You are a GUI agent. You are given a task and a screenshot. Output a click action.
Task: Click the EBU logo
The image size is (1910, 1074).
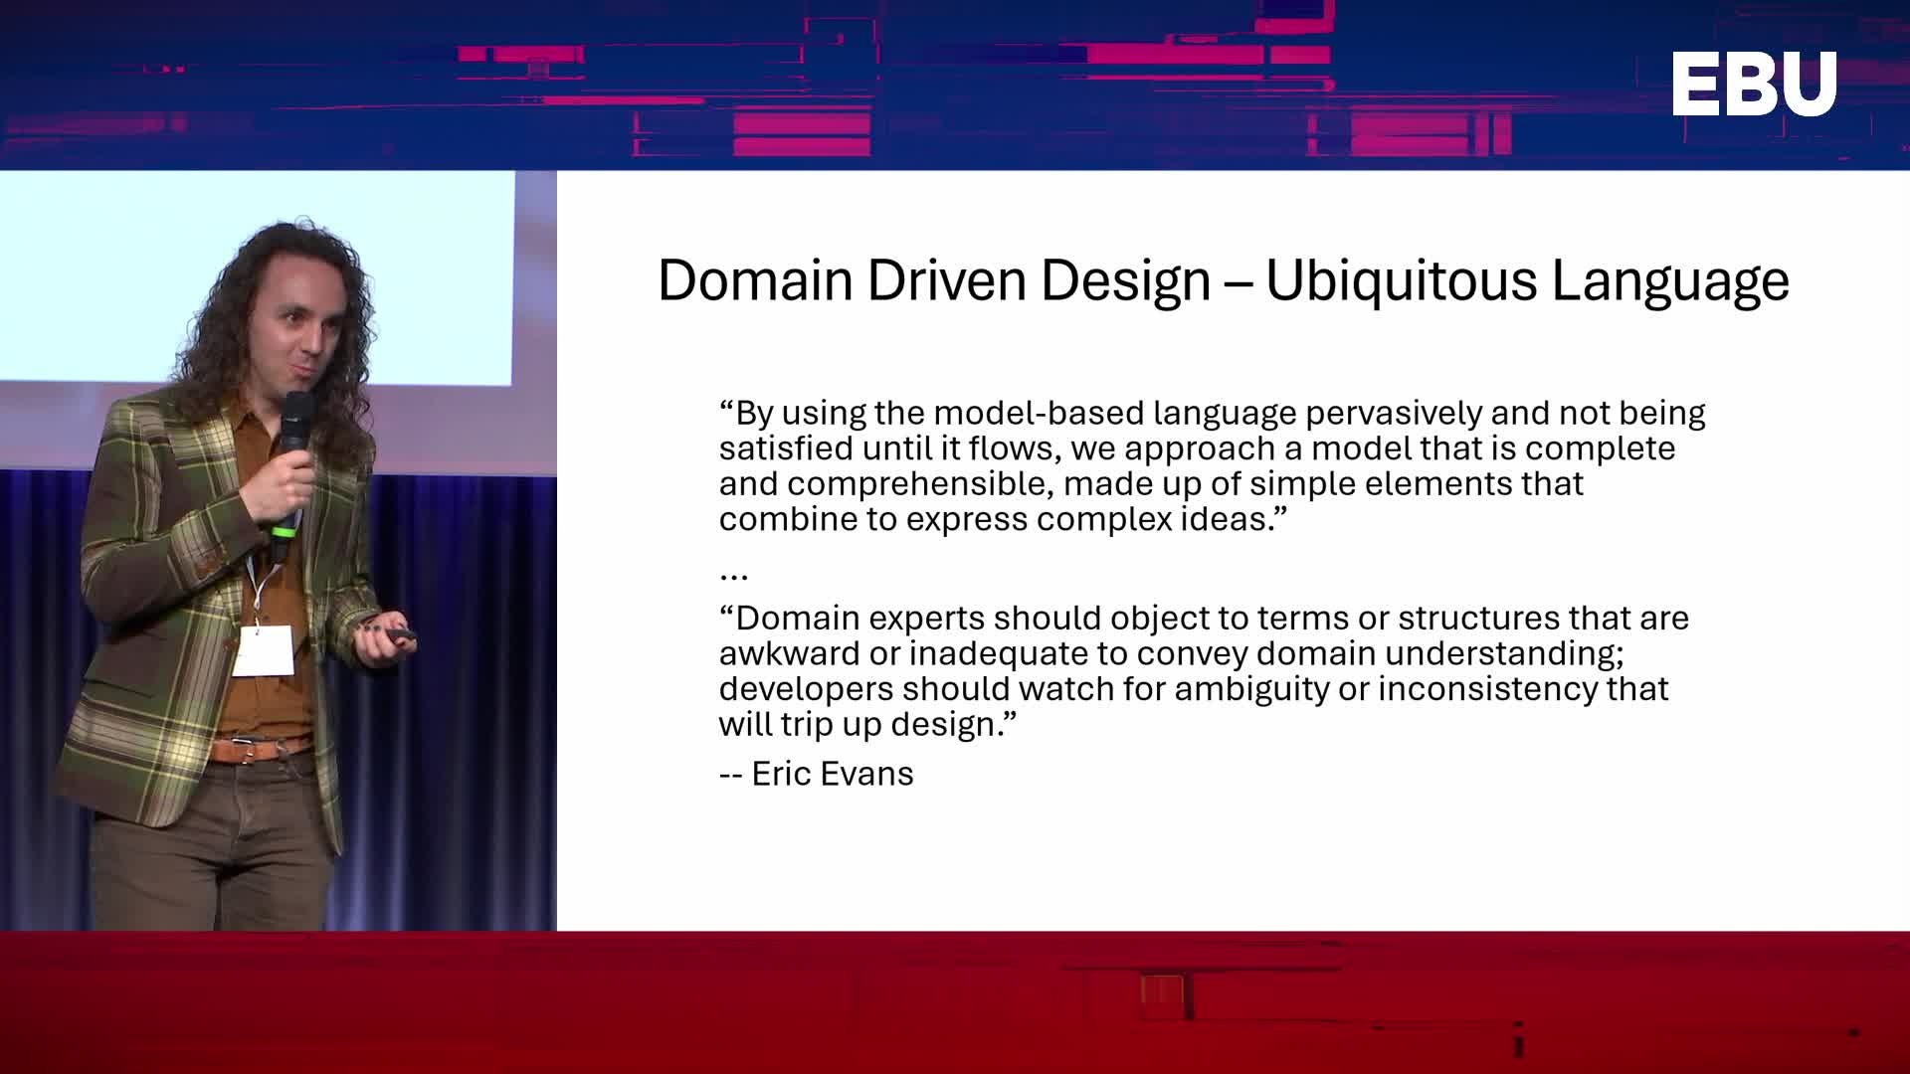coord(1754,84)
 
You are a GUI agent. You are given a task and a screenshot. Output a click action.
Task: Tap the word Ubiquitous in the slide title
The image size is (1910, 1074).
coord(1401,280)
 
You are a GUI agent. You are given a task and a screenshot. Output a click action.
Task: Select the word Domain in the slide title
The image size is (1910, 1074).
coord(755,279)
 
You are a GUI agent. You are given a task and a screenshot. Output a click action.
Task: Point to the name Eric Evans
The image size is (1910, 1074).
coord(833,774)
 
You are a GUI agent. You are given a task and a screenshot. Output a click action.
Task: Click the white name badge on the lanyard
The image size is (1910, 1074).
coord(262,650)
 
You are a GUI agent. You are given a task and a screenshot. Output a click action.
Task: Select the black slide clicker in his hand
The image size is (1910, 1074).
coord(401,633)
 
